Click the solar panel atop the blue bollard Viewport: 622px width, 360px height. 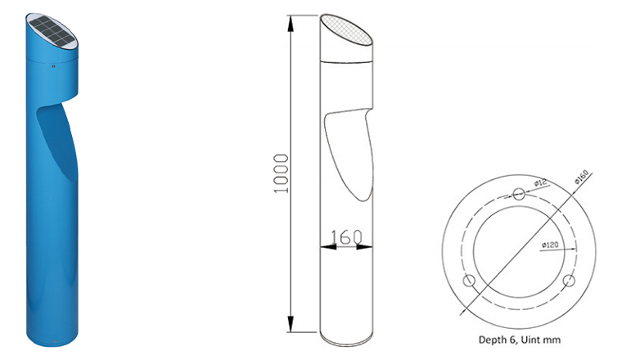[52, 30]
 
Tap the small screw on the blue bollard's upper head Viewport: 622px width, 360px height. [53, 66]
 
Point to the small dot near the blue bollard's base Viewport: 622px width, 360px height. [54, 340]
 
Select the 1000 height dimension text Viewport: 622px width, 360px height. [281, 173]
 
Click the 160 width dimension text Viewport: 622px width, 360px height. [346, 237]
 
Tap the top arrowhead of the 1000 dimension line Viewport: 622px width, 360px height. [291, 24]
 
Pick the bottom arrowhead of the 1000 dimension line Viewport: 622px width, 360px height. [291, 324]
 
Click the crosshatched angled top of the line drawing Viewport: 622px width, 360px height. [346, 29]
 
